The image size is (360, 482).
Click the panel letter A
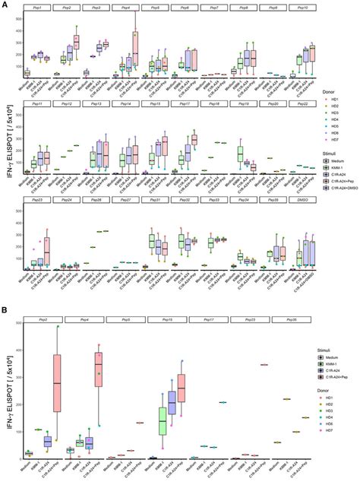click(5, 5)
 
